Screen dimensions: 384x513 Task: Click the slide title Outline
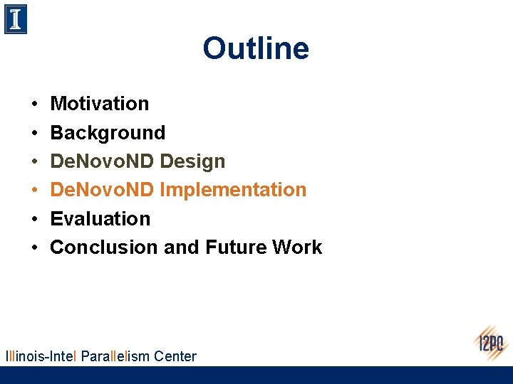[256, 49]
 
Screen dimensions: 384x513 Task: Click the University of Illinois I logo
[16, 19]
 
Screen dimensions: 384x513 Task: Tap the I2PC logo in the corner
[491, 343]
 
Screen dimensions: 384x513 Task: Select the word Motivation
[100, 104]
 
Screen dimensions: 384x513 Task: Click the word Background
[108, 133]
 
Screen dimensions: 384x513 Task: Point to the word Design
[192, 161]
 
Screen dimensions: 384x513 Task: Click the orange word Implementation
[233, 190]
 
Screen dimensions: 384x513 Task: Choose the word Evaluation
[100, 218]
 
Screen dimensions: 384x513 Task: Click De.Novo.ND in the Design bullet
[103, 161]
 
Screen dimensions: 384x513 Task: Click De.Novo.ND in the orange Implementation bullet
[103, 190]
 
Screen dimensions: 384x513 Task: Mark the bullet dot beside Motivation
[35, 105]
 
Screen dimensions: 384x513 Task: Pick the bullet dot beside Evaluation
[35, 219]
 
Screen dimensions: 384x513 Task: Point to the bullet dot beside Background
[35, 133]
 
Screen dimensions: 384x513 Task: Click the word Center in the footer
[175, 356]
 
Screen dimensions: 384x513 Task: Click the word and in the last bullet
[182, 247]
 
